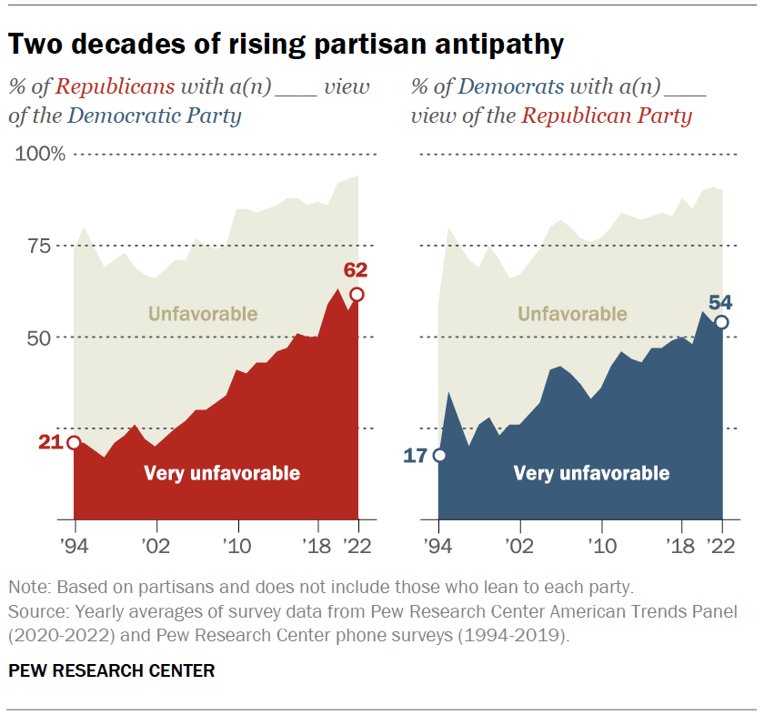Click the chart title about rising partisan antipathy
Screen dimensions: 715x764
[286, 44]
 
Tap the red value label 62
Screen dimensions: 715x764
[356, 270]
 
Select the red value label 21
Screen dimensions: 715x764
[50, 442]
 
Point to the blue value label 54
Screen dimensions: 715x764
[721, 302]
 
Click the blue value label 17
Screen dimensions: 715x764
[415, 456]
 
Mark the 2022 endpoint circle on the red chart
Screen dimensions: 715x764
[357, 294]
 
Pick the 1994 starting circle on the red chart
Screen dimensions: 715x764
[74, 443]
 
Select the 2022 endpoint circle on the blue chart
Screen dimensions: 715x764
[721, 322]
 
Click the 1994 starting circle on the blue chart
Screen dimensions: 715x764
[439, 455]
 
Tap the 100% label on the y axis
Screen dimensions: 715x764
[40, 155]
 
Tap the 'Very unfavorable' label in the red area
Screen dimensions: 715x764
[221, 473]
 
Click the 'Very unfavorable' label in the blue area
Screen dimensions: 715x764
[591, 473]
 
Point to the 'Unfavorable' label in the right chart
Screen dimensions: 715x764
[572, 314]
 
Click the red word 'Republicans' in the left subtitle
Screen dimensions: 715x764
[116, 87]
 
